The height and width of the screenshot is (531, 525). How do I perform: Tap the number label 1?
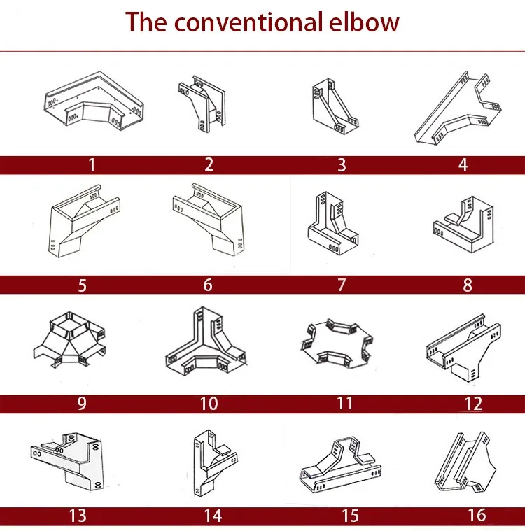pos(91,165)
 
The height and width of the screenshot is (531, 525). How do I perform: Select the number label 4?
pos(463,165)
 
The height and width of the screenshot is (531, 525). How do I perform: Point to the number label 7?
pos(342,285)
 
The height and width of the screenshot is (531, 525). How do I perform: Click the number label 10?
pos(209,404)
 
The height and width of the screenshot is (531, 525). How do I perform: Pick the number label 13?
pos(78,516)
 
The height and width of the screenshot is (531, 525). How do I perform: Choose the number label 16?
pos(477,516)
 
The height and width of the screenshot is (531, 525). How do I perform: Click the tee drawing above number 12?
pos(463,346)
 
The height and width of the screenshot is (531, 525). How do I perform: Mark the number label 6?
pos(208,285)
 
